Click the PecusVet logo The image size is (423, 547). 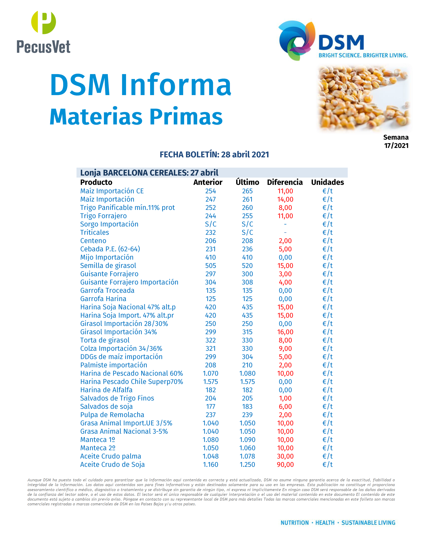pyautogui.click(x=43, y=32)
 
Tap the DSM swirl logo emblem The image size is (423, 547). pyautogui.click(x=297, y=40)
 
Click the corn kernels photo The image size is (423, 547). pyautogui.click(x=363, y=98)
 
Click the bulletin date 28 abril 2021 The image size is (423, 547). pyautogui.click(x=245, y=155)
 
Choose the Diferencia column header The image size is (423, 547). pyautogui.click(x=285, y=182)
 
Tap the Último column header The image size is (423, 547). pyautogui.click(x=247, y=182)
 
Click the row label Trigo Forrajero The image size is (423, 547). pyautogui.click(x=103, y=216)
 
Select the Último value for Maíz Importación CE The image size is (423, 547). pyautogui.click(x=247, y=191)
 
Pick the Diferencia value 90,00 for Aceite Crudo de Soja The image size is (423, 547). pyautogui.click(x=285, y=465)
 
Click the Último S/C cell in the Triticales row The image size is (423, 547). pyautogui.click(x=247, y=232)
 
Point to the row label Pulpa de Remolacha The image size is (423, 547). pyautogui.click(x=112, y=415)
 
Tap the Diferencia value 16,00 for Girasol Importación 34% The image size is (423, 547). pyautogui.click(x=285, y=332)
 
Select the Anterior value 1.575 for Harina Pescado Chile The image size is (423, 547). pyautogui.click(x=210, y=382)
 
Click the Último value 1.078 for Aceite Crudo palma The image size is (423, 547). pyautogui.click(x=247, y=456)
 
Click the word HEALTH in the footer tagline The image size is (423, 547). pyautogui.click(x=325, y=523)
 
